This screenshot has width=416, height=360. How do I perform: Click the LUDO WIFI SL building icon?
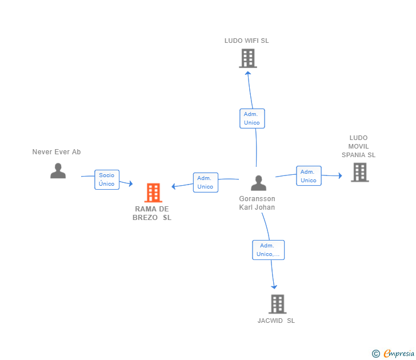[x=247, y=58]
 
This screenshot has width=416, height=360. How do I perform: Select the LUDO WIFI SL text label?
[x=246, y=41]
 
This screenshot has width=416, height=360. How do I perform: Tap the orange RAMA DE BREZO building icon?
[x=153, y=193]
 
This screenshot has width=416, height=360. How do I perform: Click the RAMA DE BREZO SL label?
[x=152, y=213]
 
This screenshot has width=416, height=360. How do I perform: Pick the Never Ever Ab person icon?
[x=58, y=171]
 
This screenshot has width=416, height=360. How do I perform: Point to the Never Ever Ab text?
[x=57, y=152]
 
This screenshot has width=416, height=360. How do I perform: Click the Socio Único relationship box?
[x=107, y=179]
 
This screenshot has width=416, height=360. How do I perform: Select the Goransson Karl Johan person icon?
[x=258, y=183]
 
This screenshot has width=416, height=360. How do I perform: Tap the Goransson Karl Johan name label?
[x=257, y=203]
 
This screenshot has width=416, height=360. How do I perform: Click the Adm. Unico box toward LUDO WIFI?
[x=251, y=118]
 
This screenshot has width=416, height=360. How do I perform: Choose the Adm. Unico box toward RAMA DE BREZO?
[x=205, y=182]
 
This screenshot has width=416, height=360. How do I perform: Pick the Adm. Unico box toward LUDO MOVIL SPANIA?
[x=309, y=176]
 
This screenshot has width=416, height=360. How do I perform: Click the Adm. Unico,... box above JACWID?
[x=268, y=250]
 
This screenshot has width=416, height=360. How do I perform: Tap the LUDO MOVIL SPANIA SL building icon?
[x=359, y=172]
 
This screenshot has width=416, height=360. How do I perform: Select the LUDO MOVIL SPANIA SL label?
[x=359, y=146]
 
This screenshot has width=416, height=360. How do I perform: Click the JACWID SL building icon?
[x=277, y=304]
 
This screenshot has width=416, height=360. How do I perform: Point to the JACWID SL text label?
[x=276, y=321]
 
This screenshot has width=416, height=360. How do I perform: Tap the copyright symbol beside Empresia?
[x=376, y=354]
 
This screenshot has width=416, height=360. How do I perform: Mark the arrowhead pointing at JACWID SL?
[x=274, y=286]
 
